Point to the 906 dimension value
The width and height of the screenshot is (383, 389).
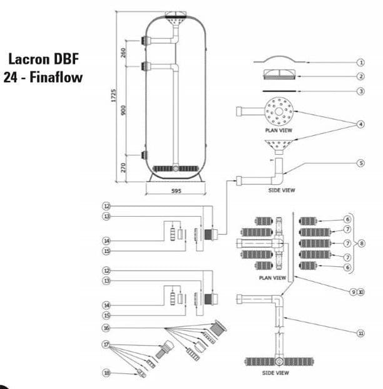(125, 110)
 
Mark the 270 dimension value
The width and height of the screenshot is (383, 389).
(125, 167)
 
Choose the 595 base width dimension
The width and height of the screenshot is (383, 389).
(176, 190)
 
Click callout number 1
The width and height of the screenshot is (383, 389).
(360, 63)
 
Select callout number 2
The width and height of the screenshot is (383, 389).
(360, 76)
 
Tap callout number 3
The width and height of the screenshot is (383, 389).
(360, 91)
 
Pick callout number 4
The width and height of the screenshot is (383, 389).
(360, 124)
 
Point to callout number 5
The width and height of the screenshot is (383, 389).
(360, 163)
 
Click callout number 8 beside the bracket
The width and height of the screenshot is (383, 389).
(360, 243)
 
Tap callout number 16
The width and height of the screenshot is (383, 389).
(107, 328)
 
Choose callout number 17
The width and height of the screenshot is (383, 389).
(107, 344)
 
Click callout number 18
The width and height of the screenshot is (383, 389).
(107, 373)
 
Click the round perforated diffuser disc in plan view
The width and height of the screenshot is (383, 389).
(278, 113)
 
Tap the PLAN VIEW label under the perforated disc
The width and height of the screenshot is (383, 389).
(278, 130)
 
